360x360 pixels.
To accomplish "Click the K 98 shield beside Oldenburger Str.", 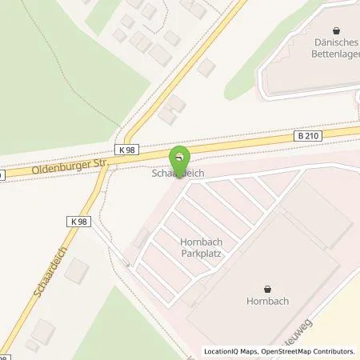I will pyautogui.click(x=126, y=150).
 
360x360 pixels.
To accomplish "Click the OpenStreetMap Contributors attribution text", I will pyautogui.click(x=308, y=351).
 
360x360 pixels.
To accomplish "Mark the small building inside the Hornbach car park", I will pyautogui.click(x=142, y=237).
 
